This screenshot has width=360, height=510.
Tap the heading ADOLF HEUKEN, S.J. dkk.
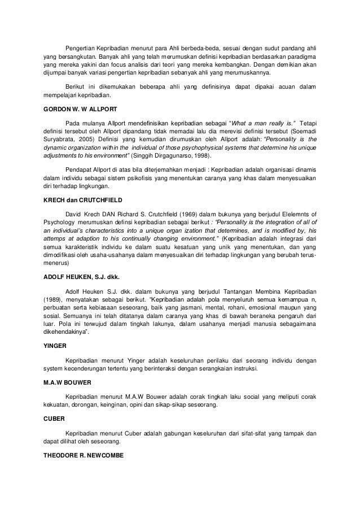click(81, 276)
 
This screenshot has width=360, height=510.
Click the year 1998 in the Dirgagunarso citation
click(204, 155)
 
